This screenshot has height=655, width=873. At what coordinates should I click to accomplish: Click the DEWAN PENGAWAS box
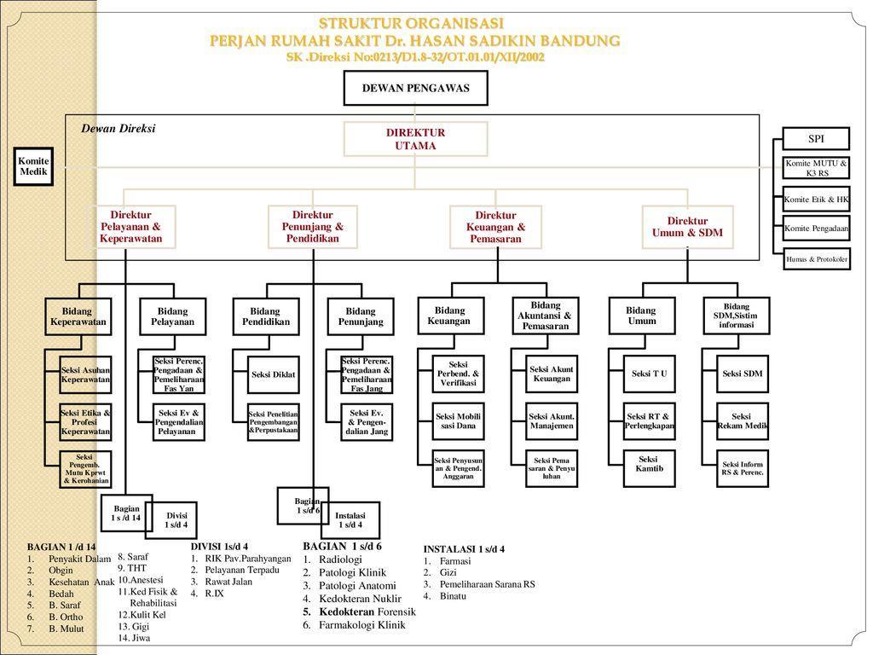tap(415, 88)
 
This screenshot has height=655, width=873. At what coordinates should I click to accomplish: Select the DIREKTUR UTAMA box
tap(415, 139)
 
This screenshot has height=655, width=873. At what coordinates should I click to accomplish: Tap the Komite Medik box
tap(34, 167)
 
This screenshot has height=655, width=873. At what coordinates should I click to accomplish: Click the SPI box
tap(816, 139)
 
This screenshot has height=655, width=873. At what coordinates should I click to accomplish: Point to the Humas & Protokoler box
tap(816, 259)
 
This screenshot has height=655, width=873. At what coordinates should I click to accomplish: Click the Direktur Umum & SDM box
tap(687, 227)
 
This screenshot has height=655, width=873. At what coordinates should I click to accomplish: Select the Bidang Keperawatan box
tap(78, 316)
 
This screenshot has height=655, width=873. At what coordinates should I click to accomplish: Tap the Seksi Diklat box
tap(273, 374)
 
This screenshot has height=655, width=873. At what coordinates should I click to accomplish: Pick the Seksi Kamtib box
tap(649, 464)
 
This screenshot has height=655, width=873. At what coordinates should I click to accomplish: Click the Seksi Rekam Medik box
tap(741, 421)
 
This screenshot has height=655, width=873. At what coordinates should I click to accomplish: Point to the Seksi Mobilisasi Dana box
tap(458, 420)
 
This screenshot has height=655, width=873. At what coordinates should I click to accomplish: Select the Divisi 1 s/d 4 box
tap(176, 520)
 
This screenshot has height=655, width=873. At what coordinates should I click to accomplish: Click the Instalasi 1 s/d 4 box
tap(350, 520)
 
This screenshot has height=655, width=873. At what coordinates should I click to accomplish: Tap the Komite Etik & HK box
tap(816, 200)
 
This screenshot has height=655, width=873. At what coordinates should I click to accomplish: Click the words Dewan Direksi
tap(119, 129)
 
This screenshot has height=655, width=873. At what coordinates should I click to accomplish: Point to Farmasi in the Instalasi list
tap(454, 561)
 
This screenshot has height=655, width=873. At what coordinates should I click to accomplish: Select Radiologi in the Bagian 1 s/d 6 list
tap(340, 559)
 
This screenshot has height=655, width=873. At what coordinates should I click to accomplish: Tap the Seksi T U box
tap(649, 374)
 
